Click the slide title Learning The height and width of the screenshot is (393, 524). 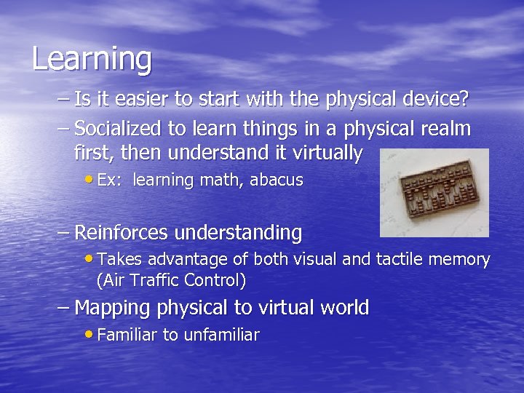click(92, 60)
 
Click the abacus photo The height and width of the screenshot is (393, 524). click(434, 193)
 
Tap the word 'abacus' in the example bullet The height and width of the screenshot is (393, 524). click(277, 180)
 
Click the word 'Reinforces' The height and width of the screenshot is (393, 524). click(121, 233)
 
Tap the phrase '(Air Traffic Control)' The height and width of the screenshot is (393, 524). click(171, 280)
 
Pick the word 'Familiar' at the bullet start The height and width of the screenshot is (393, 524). click(127, 335)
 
